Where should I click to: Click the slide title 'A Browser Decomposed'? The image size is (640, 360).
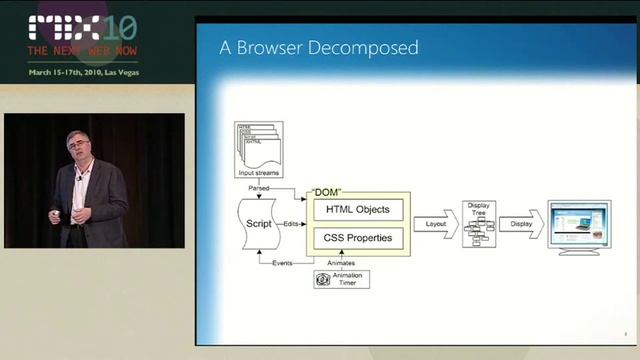(x=319, y=48)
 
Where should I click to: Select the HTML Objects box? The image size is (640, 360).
(x=357, y=210)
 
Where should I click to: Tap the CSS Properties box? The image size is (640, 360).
(x=357, y=239)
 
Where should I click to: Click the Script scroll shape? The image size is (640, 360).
(x=259, y=223)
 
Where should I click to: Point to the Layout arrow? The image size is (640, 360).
(x=435, y=225)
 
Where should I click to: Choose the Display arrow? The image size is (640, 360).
(x=520, y=225)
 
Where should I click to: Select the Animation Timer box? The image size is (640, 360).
(x=341, y=279)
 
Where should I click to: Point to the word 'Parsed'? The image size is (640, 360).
(x=258, y=187)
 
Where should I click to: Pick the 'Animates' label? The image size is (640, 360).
(x=341, y=261)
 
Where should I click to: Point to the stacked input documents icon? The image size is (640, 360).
(x=258, y=146)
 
